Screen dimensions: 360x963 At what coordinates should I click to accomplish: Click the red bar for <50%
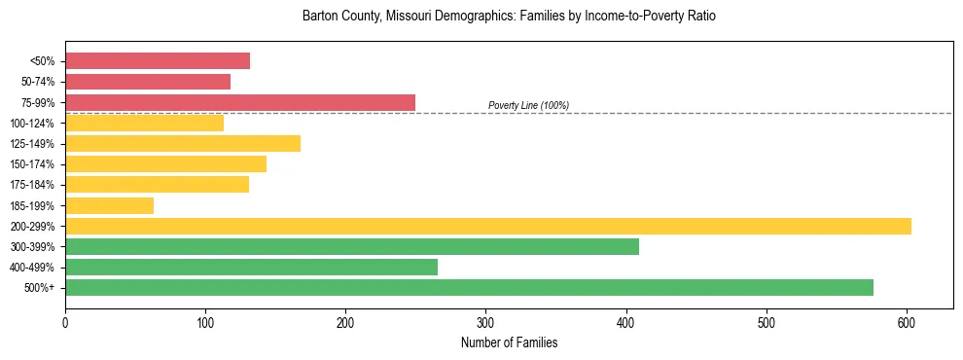click(x=158, y=61)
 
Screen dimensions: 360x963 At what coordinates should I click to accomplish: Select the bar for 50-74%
click(x=148, y=82)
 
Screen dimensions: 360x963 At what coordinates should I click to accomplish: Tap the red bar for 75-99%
click(x=240, y=102)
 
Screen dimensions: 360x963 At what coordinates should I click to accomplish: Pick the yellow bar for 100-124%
click(x=144, y=123)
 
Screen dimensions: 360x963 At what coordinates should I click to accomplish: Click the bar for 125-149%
click(x=183, y=144)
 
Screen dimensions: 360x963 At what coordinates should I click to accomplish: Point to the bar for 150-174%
click(x=165, y=164)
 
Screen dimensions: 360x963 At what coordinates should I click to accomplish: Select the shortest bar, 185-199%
click(x=109, y=205)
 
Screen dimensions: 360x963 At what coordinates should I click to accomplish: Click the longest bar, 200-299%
click(x=488, y=227)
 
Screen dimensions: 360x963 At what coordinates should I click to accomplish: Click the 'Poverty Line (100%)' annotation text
click(x=528, y=105)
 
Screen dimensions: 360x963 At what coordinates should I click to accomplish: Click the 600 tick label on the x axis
click(x=907, y=322)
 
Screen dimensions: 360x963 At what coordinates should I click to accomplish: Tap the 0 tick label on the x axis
click(x=65, y=322)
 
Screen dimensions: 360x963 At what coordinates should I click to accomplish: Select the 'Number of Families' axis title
click(x=509, y=342)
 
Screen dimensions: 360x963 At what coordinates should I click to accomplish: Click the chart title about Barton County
click(x=509, y=17)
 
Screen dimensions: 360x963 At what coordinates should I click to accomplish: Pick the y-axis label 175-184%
click(x=32, y=185)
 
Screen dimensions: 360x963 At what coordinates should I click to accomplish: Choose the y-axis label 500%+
click(x=39, y=288)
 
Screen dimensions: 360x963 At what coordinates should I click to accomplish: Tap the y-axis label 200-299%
click(x=32, y=227)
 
